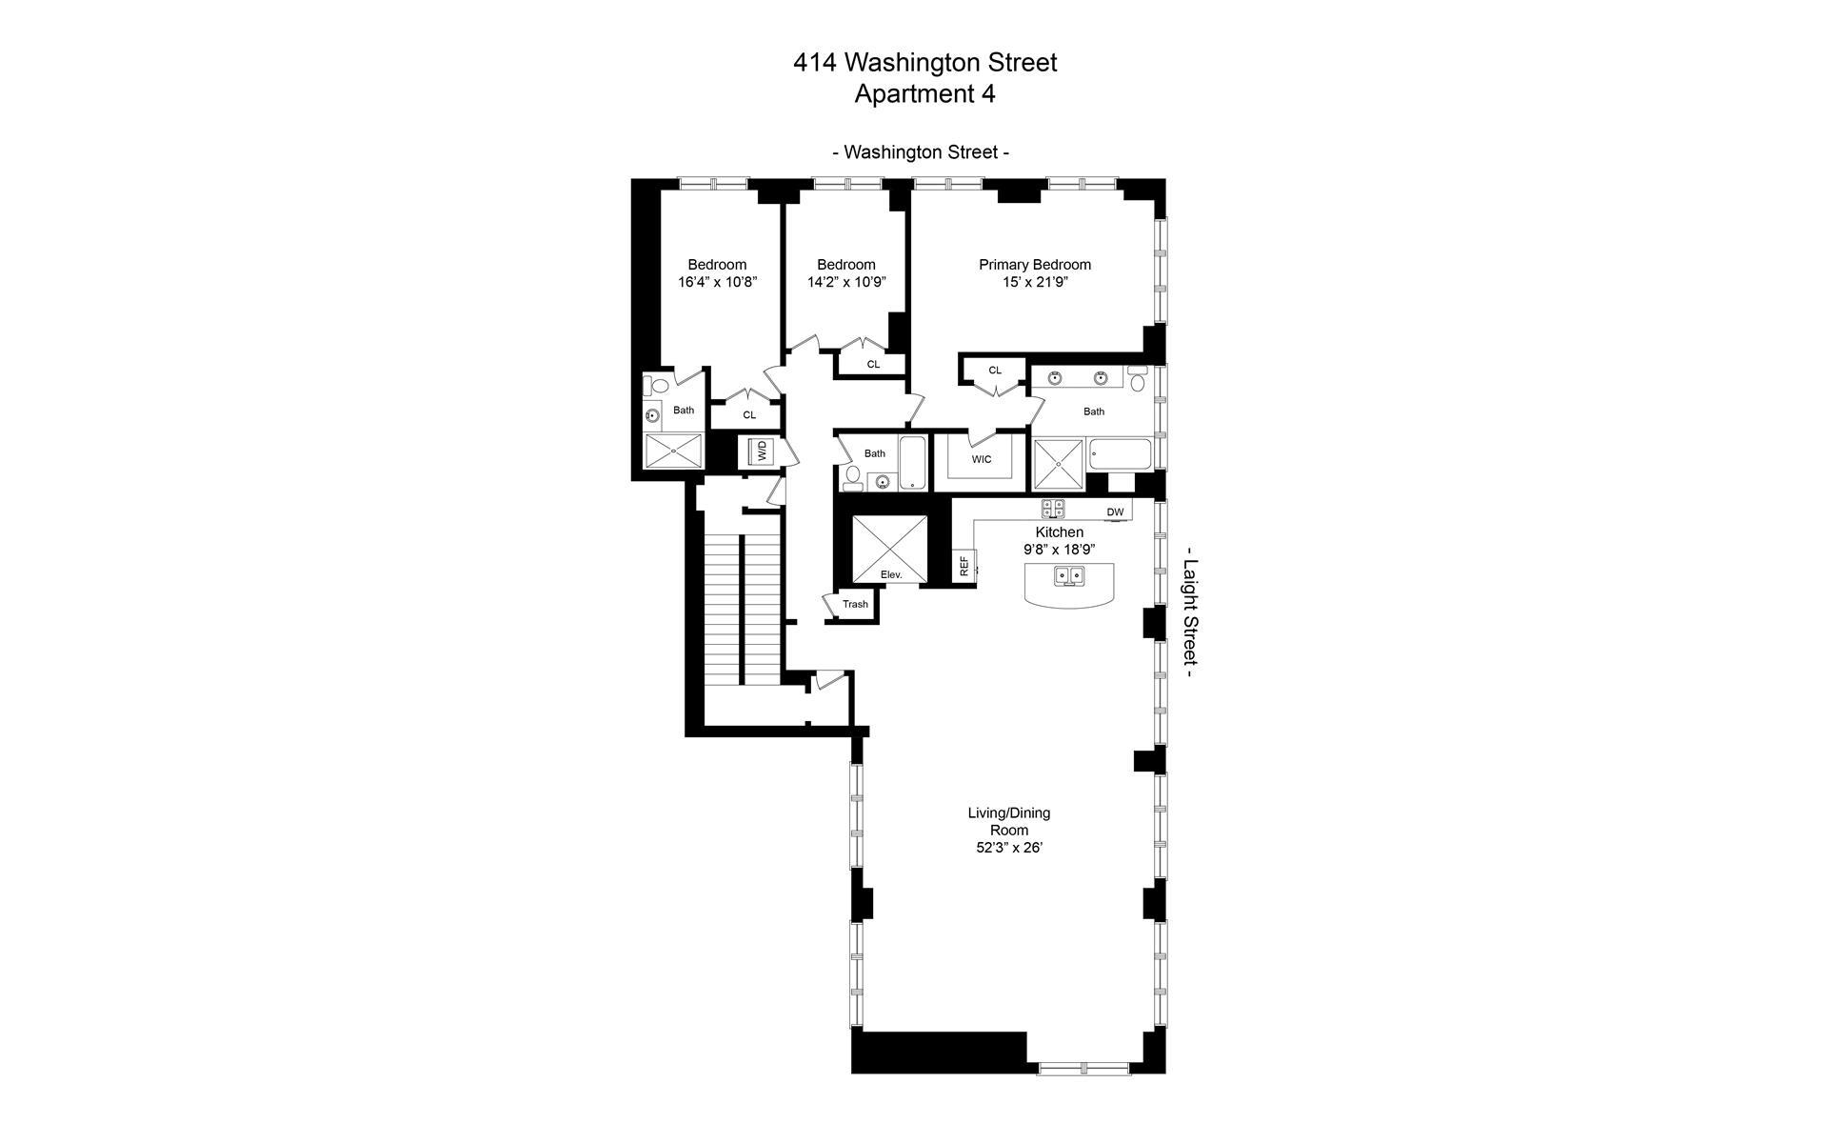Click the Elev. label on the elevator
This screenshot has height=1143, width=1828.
[x=890, y=574]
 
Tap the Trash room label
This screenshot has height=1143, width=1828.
[x=855, y=604]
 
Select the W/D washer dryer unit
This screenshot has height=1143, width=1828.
[x=762, y=451]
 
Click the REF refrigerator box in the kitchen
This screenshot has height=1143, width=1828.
[x=964, y=566]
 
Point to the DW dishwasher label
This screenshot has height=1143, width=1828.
[x=1115, y=512]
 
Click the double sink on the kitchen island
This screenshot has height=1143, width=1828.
[x=1068, y=575]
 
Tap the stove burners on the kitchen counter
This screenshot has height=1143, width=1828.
[x=1053, y=509]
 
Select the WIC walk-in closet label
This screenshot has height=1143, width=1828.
[x=982, y=459]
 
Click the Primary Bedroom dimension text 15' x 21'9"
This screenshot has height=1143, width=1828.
[x=1034, y=283]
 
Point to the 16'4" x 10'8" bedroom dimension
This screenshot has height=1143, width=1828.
[x=717, y=283]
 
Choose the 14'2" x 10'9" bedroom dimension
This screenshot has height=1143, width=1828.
[x=845, y=283]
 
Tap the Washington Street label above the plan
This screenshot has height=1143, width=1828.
[x=921, y=152]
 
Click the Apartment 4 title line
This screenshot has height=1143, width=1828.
[x=924, y=94]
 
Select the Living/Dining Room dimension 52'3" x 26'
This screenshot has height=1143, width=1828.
[x=1008, y=847]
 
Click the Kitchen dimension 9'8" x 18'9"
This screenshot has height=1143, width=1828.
[x=1059, y=550]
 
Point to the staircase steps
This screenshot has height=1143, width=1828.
[x=722, y=610]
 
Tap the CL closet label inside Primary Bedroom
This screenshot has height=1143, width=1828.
[x=995, y=371]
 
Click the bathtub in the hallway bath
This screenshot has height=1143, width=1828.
[x=912, y=463]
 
